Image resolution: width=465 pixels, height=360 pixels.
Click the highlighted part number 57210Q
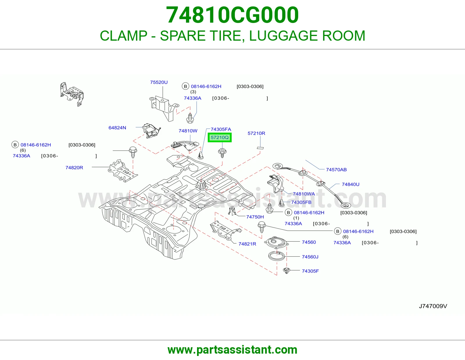tap(219, 137)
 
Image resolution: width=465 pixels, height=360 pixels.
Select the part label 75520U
tap(159, 82)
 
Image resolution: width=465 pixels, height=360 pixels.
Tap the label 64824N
tap(117, 128)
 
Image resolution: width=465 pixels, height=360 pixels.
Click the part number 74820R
tap(74, 168)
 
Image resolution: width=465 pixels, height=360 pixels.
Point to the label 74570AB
tap(336, 170)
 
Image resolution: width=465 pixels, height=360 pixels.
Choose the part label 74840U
tap(350, 184)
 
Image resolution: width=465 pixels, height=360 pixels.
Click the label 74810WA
tap(304, 194)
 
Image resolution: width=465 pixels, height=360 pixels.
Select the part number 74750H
tap(255, 217)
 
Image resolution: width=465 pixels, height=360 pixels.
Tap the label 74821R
tap(247, 244)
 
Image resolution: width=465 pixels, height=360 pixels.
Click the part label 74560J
tap(310, 257)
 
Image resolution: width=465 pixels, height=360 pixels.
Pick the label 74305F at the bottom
tap(310, 271)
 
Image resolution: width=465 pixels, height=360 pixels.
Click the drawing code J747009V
tap(433, 306)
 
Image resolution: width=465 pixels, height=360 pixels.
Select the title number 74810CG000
tap(233, 15)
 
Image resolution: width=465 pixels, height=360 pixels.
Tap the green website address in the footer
tap(233, 350)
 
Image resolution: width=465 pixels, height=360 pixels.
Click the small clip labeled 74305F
tap(286, 271)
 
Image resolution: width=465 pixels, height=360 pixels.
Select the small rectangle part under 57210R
tap(260, 148)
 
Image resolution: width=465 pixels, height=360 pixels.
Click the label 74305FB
tap(301, 202)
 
